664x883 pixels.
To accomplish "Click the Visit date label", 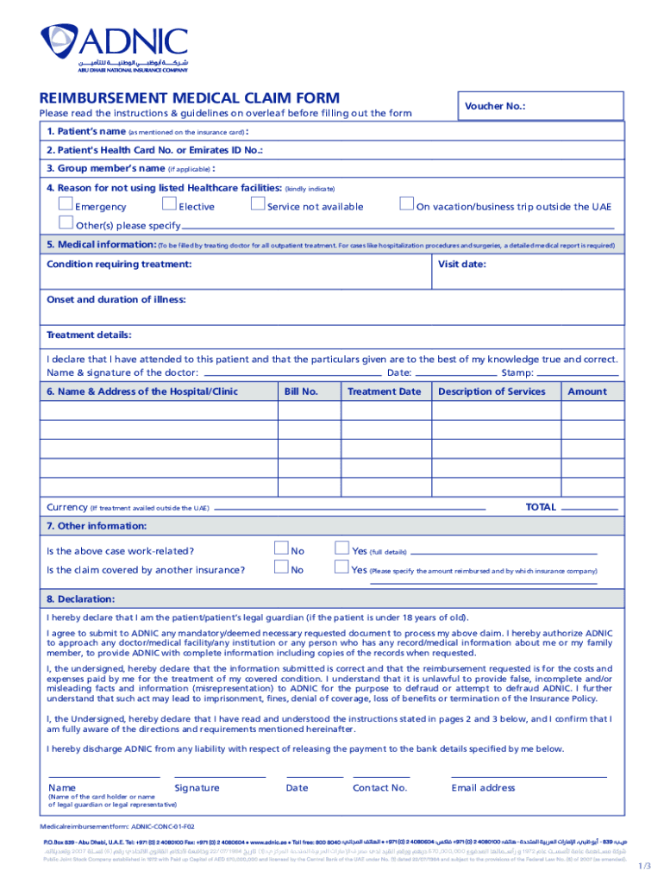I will point(461,265).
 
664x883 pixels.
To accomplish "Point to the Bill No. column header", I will point(301,391).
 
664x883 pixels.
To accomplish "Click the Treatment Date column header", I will point(384,391).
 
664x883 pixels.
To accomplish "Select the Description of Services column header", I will point(492,391).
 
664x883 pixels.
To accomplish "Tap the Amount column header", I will point(586,391).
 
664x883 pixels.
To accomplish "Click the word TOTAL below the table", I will point(541,507).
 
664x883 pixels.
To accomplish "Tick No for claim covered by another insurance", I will point(280,567).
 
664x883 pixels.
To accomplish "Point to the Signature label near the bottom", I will point(197,787).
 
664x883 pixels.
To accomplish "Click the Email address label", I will point(483,787).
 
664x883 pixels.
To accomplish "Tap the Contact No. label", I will point(379,787).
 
